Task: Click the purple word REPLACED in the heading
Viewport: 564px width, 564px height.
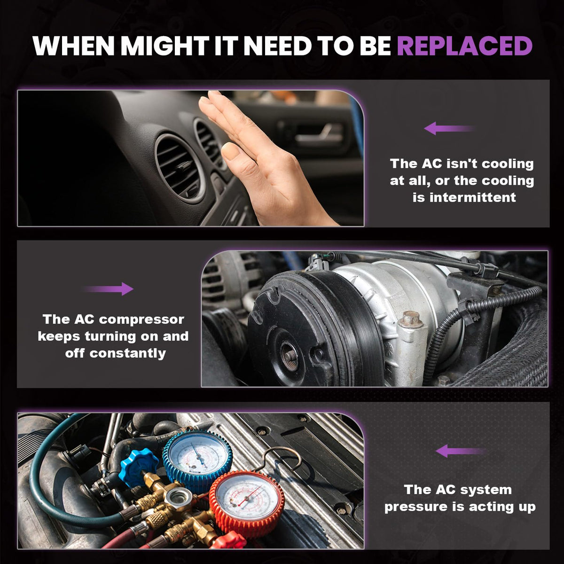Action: [464, 46]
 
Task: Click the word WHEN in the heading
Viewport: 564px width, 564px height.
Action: [73, 46]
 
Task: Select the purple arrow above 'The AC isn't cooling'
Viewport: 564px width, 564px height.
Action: [449, 128]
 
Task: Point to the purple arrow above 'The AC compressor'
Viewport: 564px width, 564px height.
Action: [109, 289]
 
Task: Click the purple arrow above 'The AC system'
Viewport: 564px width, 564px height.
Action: [461, 451]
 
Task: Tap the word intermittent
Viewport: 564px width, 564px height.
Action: [464, 197]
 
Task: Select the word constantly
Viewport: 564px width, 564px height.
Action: [128, 353]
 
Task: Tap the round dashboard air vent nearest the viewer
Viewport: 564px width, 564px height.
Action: [179, 168]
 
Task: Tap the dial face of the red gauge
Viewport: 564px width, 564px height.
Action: [246, 496]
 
